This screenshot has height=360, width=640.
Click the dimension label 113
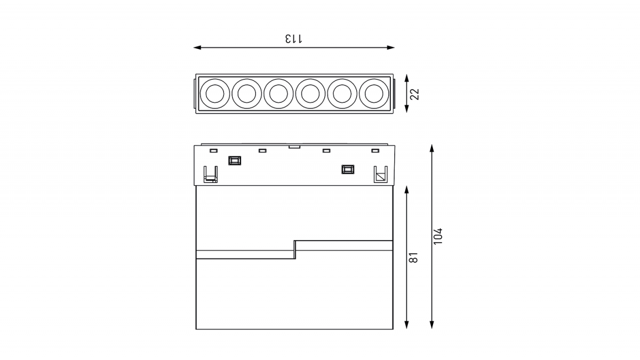click(294, 38)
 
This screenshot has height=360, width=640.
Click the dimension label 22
click(414, 94)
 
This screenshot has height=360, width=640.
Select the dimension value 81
click(414, 258)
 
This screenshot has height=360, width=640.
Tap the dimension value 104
click(438, 236)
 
